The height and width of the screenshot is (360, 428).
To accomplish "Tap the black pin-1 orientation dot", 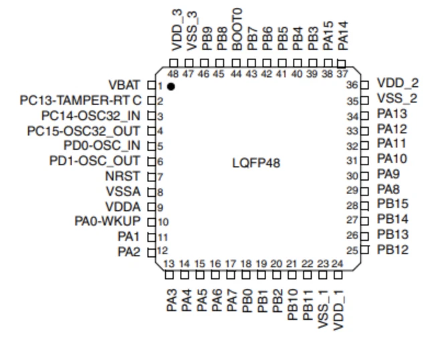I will click(171, 87).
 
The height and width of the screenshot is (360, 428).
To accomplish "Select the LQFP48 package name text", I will click(256, 163).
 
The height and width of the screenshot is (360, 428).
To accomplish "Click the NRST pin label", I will click(123, 176).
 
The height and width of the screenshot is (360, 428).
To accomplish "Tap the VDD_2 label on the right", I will click(397, 84).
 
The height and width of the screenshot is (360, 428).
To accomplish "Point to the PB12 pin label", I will click(392, 250).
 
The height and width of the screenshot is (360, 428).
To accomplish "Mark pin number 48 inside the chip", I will click(173, 74).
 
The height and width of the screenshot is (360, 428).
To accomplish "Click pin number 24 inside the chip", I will click(338, 264).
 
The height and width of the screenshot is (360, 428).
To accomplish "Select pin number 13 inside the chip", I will click(170, 264).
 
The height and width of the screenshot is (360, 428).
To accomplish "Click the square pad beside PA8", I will click(364, 191).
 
